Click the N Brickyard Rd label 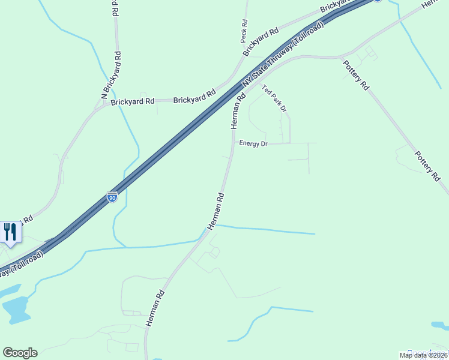coord(112,74)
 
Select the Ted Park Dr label coord(274,99)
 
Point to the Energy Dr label coord(253,143)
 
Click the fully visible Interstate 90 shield coord(112,197)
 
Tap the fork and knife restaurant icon coord(10,232)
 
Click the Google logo coord(20,353)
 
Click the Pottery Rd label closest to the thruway coord(356,75)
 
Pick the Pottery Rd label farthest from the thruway coord(427,166)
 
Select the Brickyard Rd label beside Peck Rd coord(261,41)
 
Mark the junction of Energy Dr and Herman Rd coord(233,143)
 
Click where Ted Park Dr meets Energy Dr coord(291,143)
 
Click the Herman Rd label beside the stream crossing coord(215,211)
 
